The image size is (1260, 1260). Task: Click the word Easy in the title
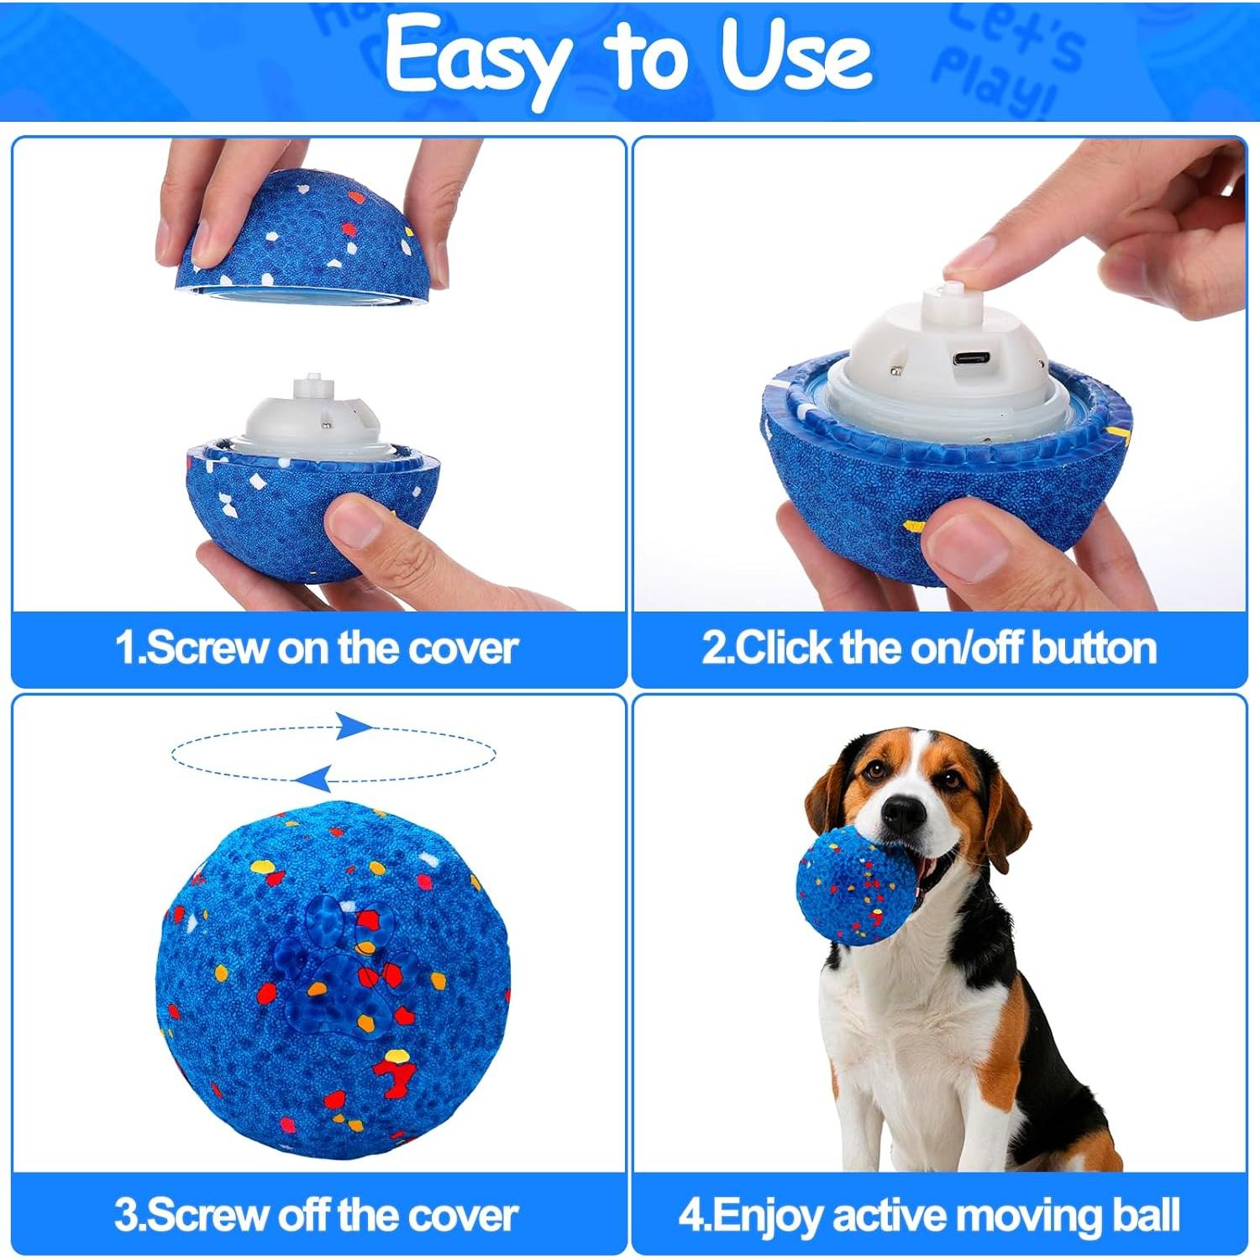(x=475, y=57)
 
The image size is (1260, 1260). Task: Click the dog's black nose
(x=904, y=812)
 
